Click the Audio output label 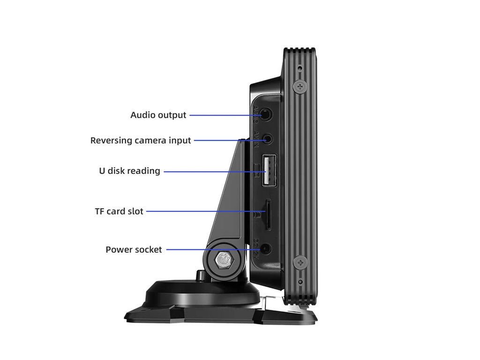click(x=158, y=115)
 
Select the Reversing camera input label click(x=141, y=140)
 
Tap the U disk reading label click(x=129, y=171)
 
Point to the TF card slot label click(x=119, y=211)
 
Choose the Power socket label click(x=134, y=250)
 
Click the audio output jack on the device click(x=266, y=114)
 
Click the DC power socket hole click(x=266, y=249)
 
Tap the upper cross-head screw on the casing click(x=300, y=86)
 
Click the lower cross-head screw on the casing click(x=300, y=262)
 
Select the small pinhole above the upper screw click(x=300, y=68)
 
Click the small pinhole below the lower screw click(x=300, y=281)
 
